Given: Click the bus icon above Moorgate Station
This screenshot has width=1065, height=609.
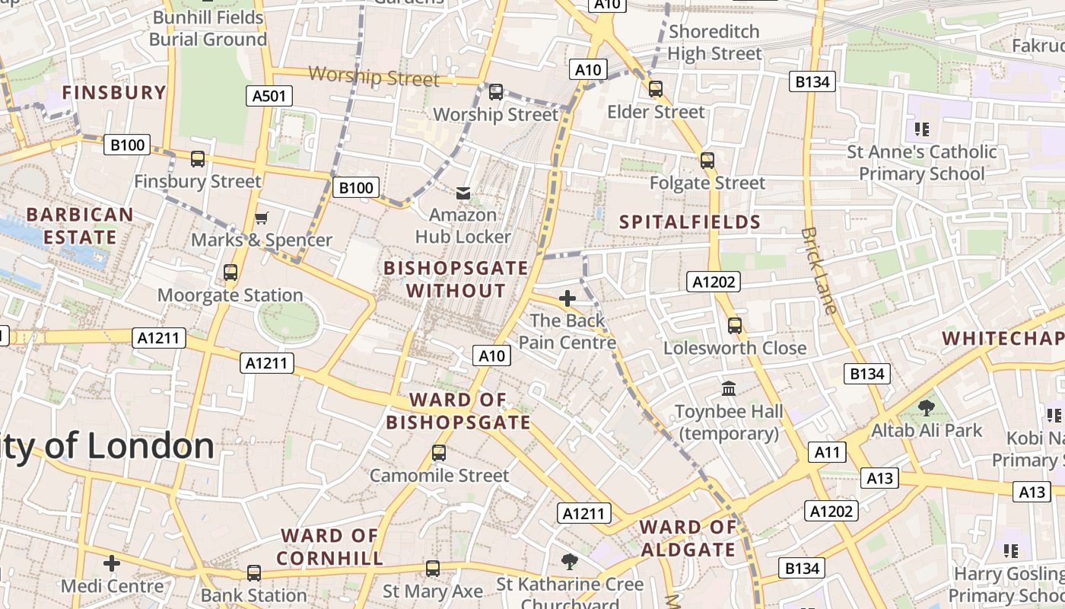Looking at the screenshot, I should pos(230,272).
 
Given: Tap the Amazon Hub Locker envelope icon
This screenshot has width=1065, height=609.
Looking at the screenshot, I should pos(463,193).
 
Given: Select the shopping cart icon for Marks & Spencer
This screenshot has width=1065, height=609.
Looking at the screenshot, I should pos(261,218).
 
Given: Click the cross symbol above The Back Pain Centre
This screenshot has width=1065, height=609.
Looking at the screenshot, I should pos(567,298).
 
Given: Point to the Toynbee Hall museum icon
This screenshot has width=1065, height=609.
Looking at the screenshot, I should pos(729,388).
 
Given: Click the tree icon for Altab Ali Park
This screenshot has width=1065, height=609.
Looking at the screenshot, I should pos(927,408).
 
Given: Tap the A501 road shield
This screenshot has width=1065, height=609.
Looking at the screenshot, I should pos(269,95).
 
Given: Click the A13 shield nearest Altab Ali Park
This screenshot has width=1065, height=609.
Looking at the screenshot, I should pos(880,478).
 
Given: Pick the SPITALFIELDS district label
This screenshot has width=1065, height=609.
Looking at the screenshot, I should pos(690,222).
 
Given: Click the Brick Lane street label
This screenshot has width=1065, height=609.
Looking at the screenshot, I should pos(819,270).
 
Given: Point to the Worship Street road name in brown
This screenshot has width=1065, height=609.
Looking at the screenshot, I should pos(374,77).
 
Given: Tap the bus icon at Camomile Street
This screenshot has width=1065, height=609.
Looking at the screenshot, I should pos(438,453).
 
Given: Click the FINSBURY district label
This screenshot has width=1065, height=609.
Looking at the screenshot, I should pos(114,93).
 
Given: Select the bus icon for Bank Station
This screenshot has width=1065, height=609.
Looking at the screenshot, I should pos(254,572).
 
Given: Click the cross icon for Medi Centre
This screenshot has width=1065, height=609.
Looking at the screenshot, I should pos(112,563).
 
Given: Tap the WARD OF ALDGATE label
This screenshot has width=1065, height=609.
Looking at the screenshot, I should pos(688,538).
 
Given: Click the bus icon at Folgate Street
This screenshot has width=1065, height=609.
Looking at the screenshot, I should pos(707,160).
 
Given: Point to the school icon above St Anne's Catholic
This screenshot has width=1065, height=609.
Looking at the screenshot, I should pos(922,129).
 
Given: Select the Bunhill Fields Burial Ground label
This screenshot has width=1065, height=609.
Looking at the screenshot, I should pos(208,28).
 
